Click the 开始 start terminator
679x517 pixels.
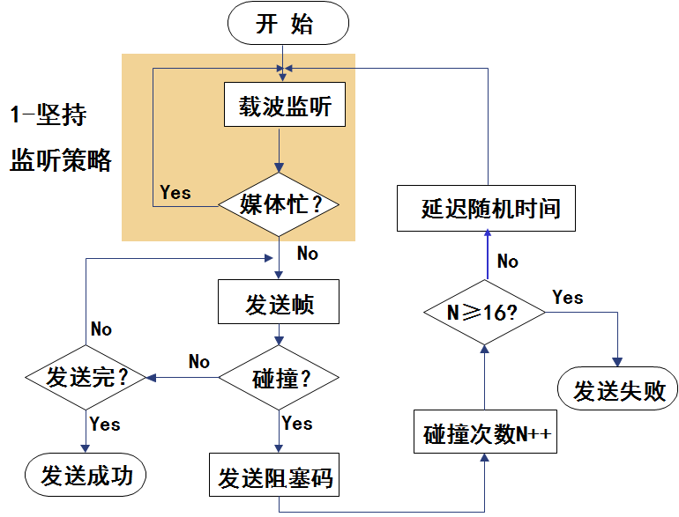click(284, 25)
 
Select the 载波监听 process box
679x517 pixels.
click(285, 107)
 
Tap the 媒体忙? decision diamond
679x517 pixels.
click(280, 204)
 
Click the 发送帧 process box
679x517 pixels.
click(280, 305)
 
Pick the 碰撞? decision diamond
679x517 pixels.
click(280, 379)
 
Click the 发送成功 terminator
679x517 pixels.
click(86, 476)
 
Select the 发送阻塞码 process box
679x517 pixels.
click(275, 478)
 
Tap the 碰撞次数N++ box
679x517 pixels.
click(487, 434)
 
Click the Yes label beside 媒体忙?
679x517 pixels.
click(175, 192)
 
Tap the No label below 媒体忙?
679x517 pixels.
click(307, 254)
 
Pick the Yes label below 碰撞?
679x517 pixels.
click(297, 424)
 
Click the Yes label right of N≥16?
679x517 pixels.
click(567, 298)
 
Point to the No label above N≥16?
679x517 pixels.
click(507, 261)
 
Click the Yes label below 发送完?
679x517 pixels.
click(105, 424)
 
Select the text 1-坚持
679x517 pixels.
click(48, 115)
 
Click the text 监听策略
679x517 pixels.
click(61, 160)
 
